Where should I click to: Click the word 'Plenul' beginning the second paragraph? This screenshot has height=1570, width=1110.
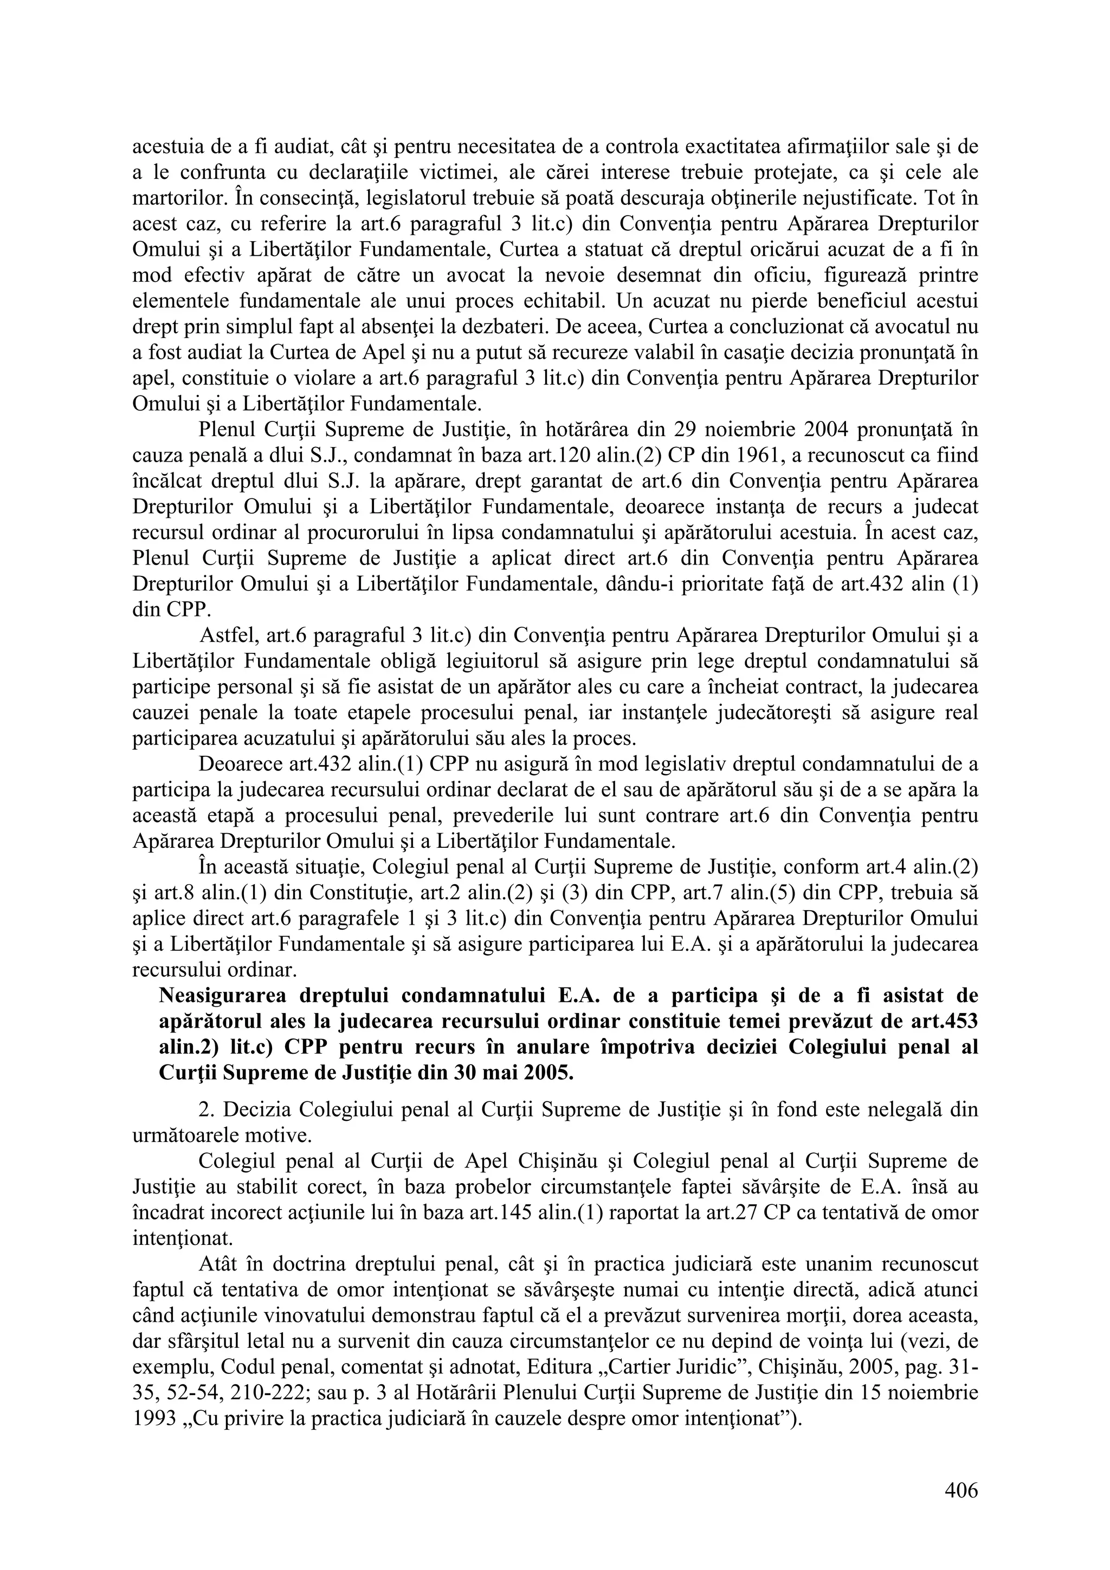[x=227, y=430]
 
